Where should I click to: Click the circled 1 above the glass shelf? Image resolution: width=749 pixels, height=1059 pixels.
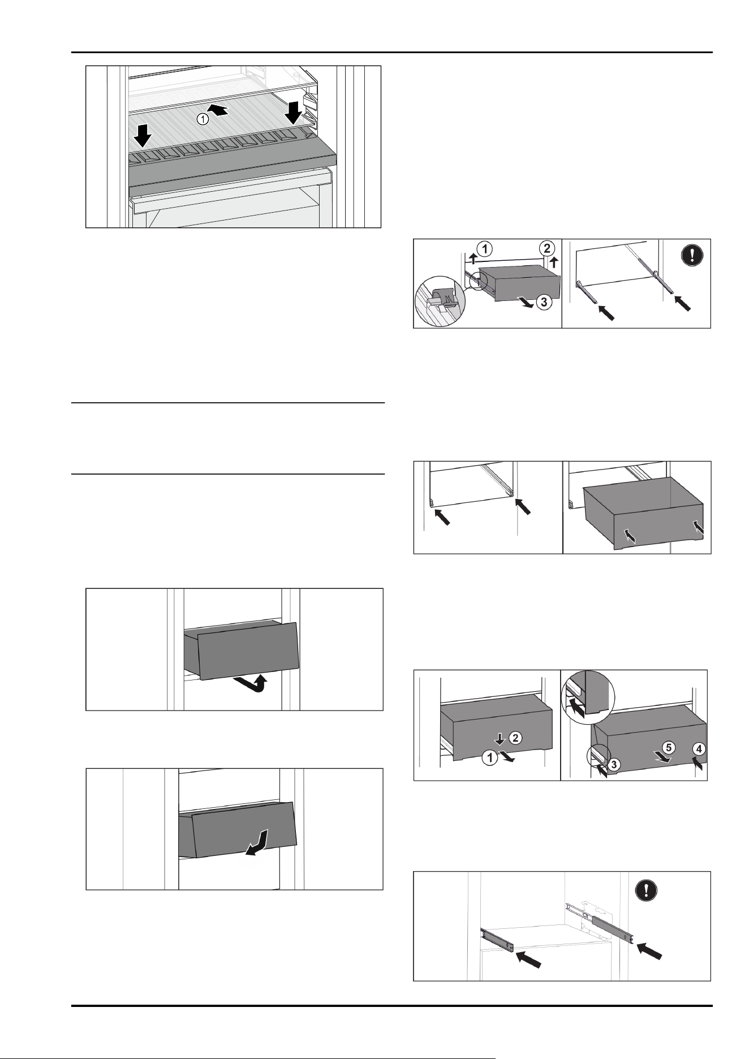click(203, 119)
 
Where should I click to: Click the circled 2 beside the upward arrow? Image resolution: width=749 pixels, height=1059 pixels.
click(545, 248)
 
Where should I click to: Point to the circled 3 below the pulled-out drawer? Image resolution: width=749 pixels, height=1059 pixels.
click(543, 303)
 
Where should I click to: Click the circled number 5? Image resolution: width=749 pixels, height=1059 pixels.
click(668, 747)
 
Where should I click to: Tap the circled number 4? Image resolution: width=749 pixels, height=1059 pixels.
click(699, 749)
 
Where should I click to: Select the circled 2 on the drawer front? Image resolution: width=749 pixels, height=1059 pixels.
click(515, 737)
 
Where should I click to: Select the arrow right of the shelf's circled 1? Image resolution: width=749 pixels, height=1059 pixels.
click(220, 111)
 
